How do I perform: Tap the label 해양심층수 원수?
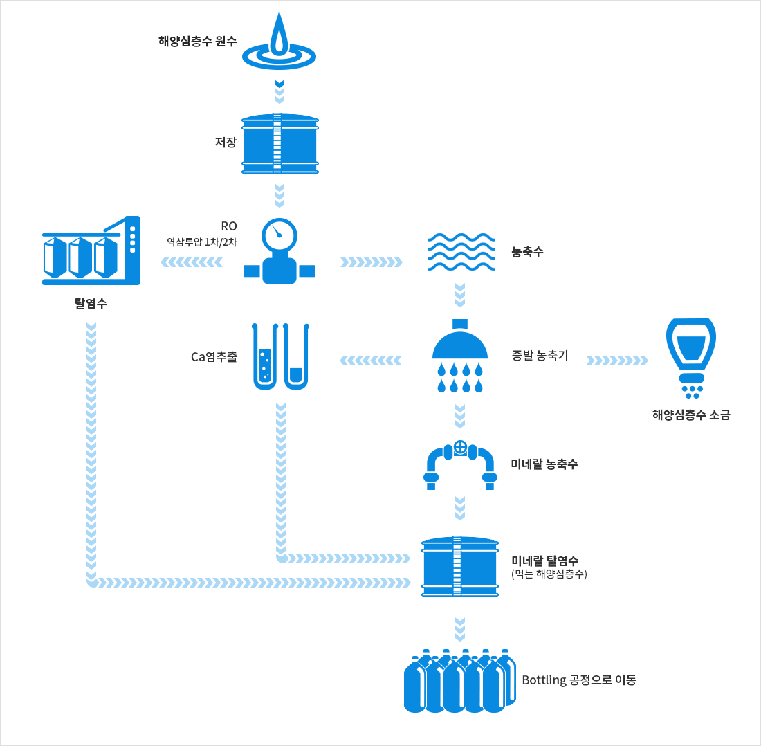coord(198,41)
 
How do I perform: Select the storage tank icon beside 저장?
coord(279,144)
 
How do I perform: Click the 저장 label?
coord(226,143)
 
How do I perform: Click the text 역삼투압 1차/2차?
coord(201,242)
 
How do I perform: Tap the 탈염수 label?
coord(91,303)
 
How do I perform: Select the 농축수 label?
coord(527,252)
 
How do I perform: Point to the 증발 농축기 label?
coord(540,356)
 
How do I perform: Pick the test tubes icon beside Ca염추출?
coord(279,356)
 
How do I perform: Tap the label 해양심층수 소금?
coord(690,415)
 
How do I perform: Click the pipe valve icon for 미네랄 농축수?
coord(460,464)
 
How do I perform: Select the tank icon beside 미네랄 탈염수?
coord(460,567)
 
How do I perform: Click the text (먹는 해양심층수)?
coord(549,574)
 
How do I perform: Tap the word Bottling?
coord(544,680)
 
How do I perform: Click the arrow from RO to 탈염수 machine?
coord(192,262)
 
